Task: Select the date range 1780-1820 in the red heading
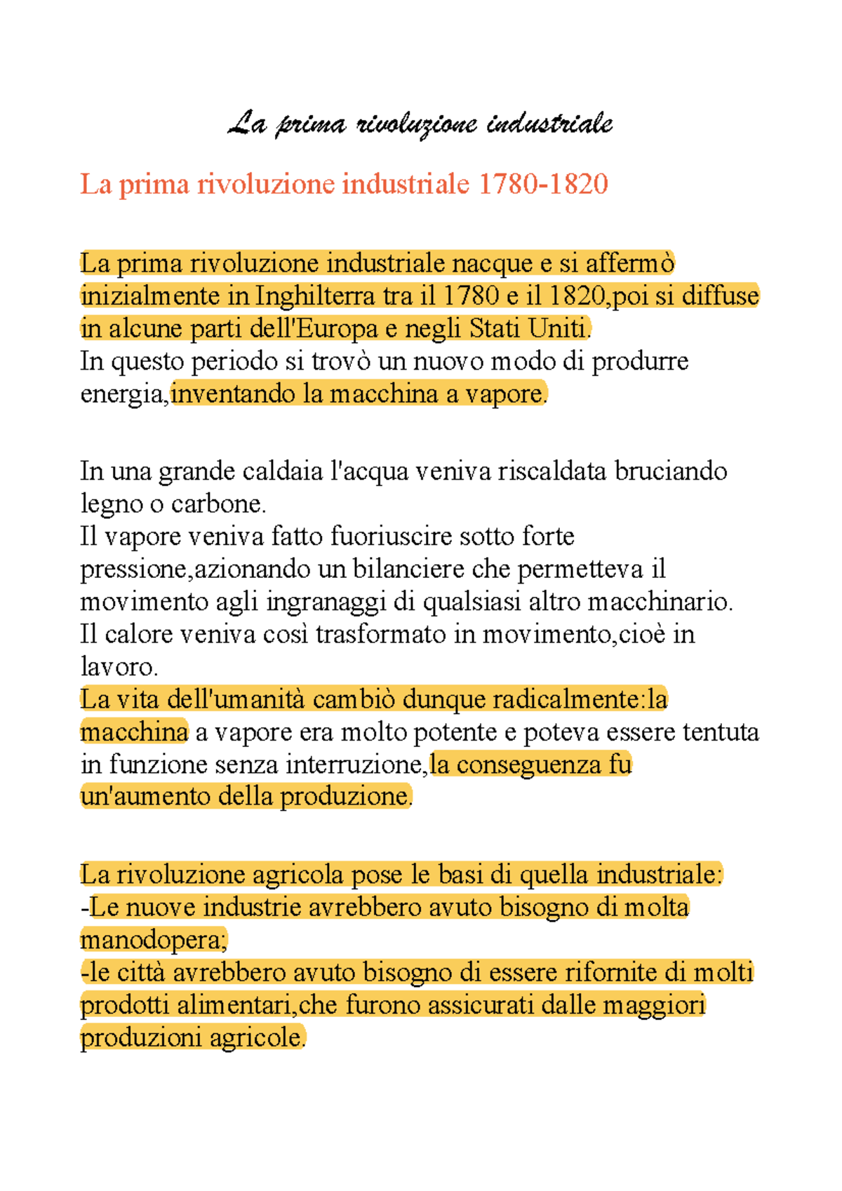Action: coord(543,184)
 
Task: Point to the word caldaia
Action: coord(283,471)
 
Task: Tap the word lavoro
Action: coord(119,666)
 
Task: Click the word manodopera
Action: coord(154,940)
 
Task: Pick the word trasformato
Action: coord(380,634)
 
